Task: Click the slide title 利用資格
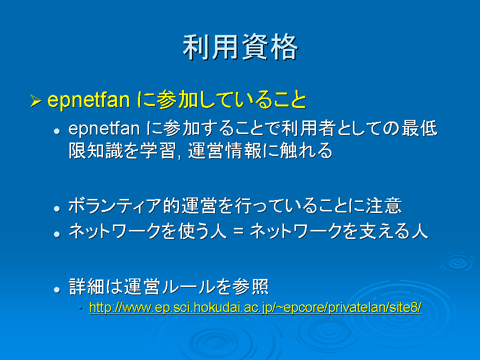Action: (240, 47)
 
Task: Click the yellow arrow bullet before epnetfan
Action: (36, 101)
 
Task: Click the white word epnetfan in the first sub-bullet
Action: (104, 128)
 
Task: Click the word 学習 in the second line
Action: (158, 150)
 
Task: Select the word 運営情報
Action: (224, 150)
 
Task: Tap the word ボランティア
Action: (115, 205)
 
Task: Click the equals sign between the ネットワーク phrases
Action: (238, 231)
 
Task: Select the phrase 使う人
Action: (202, 231)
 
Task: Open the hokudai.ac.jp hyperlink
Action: (255, 307)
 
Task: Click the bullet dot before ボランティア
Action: (56, 209)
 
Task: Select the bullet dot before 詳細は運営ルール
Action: (56, 289)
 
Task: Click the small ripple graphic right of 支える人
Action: (458, 262)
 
